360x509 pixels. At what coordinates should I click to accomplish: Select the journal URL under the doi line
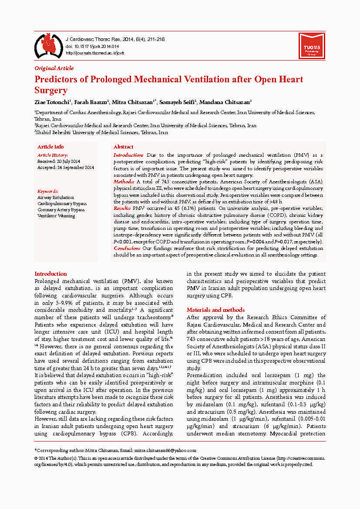(94, 53)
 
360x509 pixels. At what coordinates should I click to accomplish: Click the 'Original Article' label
(54, 68)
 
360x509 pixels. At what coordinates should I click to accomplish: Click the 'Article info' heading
(50, 147)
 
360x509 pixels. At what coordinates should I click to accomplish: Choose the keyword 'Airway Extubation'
(56, 197)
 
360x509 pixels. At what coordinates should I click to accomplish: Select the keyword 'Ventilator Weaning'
(57, 216)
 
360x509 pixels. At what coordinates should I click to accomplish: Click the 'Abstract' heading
(123, 147)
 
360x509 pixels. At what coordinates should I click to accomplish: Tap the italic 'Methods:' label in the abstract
(124, 181)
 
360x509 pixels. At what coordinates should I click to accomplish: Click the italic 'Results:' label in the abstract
(122, 209)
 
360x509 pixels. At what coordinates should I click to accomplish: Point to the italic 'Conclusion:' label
(127, 248)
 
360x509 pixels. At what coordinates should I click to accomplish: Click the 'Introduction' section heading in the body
(50, 274)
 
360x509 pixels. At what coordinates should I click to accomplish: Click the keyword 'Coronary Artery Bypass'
(61, 209)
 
